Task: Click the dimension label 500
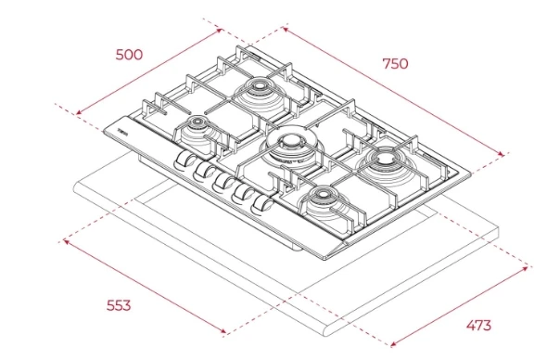(x=129, y=55)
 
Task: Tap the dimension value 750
(x=395, y=64)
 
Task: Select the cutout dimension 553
(x=119, y=305)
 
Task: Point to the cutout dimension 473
(x=478, y=326)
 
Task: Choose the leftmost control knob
(x=184, y=160)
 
